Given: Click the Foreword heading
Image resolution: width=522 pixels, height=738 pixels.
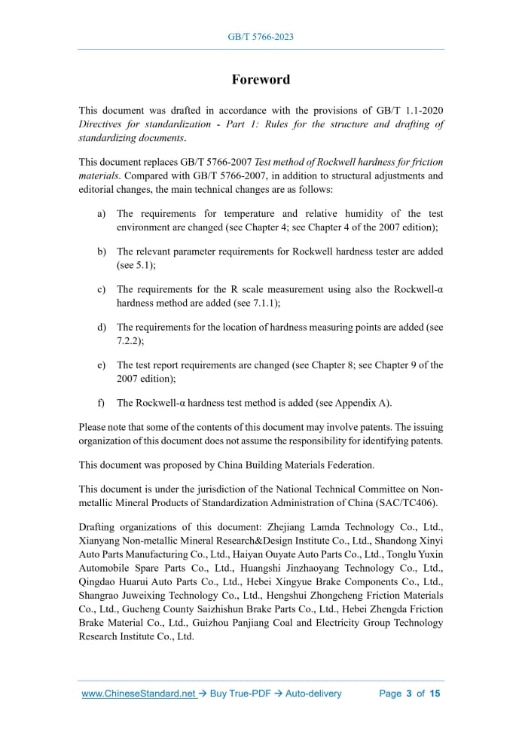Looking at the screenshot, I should [x=261, y=79].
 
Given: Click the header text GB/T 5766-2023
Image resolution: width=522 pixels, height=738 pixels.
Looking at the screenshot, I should [x=261, y=36].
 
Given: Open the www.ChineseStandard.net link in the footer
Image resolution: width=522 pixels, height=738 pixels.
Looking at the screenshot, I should [x=139, y=694].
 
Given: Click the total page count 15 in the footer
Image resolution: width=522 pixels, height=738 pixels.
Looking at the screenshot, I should [x=435, y=694].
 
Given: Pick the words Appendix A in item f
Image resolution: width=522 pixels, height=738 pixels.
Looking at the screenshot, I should [x=362, y=401].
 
